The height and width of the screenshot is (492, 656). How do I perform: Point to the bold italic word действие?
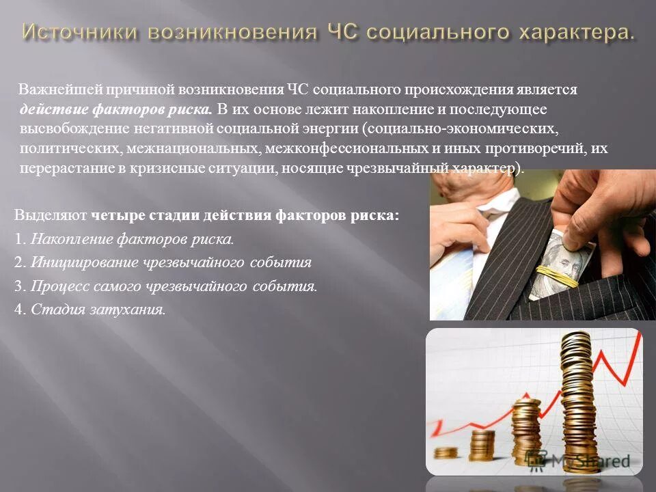click(x=47, y=109)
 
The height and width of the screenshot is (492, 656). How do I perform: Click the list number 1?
click(x=18, y=239)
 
